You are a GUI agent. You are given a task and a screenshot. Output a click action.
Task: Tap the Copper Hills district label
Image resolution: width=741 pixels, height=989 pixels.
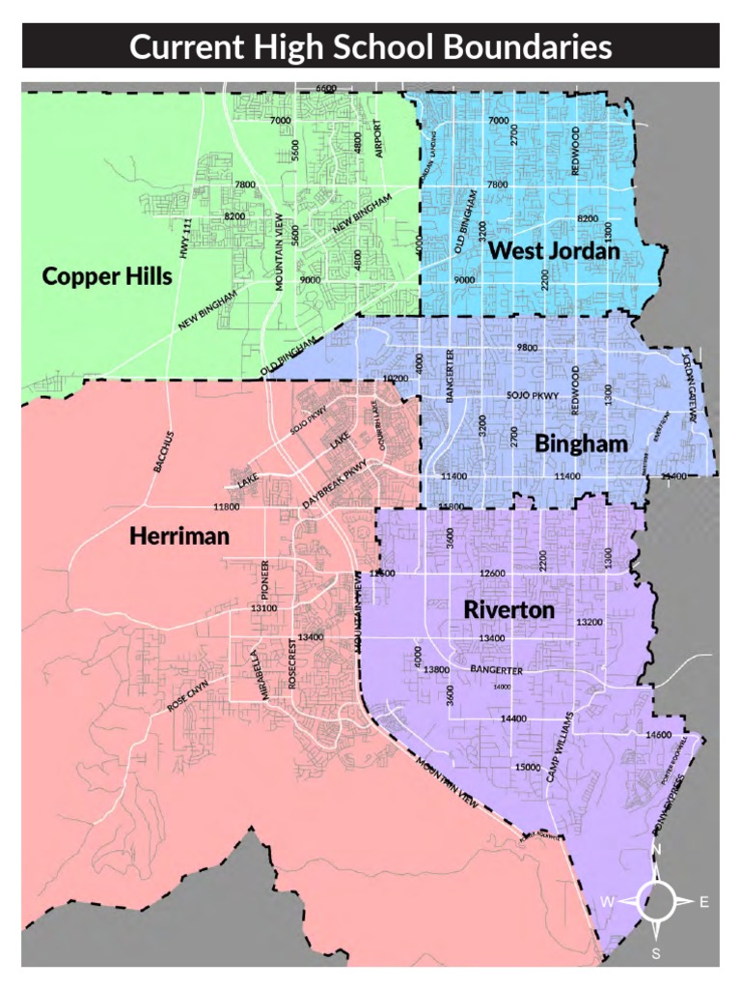click(106, 277)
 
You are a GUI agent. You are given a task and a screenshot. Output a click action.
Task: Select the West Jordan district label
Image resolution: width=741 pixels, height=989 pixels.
click(553, 251)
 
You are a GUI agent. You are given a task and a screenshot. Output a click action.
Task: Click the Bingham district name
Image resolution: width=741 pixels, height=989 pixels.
click(581, 443)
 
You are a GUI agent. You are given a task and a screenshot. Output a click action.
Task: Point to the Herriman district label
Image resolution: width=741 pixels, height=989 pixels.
click(179, 536)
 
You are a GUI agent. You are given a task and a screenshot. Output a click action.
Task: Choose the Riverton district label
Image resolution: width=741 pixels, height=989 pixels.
click(508, 610)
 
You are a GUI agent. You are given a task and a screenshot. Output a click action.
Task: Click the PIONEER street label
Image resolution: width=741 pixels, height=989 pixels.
click(264, 578)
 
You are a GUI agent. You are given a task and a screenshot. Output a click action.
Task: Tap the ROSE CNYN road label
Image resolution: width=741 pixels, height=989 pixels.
click(187, 697)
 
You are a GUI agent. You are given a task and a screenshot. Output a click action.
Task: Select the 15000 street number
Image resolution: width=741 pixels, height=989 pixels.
click(526, 766)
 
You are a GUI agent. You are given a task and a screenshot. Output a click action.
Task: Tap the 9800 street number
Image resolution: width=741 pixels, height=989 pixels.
click(526, 346)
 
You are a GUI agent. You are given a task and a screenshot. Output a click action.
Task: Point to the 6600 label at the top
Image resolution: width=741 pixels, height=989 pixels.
click(325, 88)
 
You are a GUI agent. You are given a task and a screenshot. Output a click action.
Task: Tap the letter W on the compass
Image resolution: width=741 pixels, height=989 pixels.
click(608, 902)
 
